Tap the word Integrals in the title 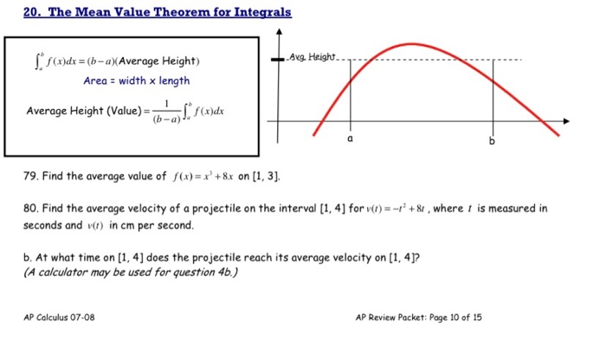(x=258, y=12)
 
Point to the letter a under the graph (x=351, y=138)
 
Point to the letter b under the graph (x=492, y=140)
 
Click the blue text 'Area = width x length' (x=136, y=81)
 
